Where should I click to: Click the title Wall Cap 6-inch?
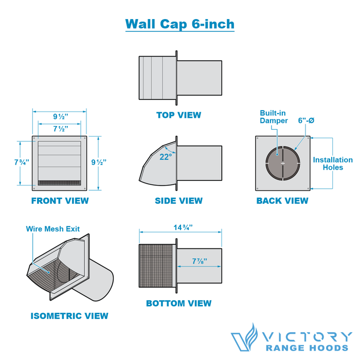click(179, 24)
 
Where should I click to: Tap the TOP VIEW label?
click(178, 115)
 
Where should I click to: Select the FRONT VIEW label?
click(60, 201)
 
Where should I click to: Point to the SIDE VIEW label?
click(178, 201)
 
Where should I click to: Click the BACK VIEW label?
click(282, 201)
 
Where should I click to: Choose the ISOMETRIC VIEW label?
click(69, 316)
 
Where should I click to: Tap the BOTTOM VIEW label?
click(178, 303)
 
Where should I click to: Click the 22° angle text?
click(165, 157)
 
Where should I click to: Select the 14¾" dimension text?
click(180, 227)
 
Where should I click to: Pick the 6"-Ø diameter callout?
click(306, 120)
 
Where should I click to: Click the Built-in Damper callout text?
click(274, 116)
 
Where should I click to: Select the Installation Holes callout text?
click(333, 164)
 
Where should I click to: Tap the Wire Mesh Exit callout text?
click(53, 229)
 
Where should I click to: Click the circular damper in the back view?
click(282, 163)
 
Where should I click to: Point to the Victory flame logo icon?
click(244, 336)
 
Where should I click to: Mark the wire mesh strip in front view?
click(60, 182)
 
